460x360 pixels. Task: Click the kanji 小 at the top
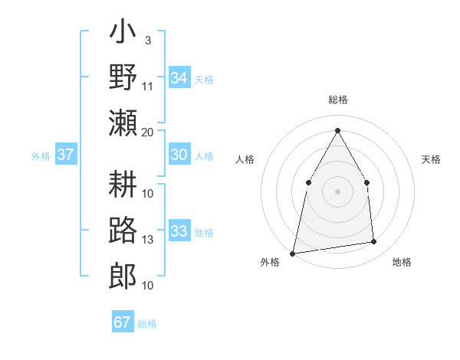point(123,35)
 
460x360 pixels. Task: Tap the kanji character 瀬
point(123,123)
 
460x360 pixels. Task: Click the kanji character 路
point(123,231)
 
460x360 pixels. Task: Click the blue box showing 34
point(179,77)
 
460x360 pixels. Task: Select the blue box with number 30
point(179,155)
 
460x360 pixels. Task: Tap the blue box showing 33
point(179,231)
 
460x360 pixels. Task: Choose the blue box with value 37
point(66,155)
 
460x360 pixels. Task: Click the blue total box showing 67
point(122,322)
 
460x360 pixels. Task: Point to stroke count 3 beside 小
point(147,40)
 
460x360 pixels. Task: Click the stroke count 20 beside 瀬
point(148,132)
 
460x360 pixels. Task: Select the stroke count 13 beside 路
point(148,240)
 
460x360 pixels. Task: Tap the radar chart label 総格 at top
point(337,100)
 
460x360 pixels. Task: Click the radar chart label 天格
point(432,159)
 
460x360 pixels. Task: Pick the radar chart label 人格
point(245,159)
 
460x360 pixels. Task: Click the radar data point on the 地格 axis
point(374,242)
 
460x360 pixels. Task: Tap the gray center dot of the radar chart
point(337,191)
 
